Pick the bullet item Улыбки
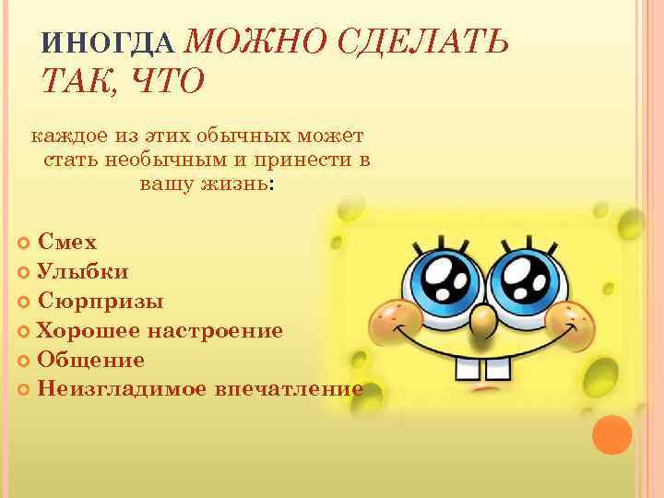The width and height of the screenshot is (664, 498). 83,271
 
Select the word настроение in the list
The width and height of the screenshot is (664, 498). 220,330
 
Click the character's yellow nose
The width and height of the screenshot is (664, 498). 481,319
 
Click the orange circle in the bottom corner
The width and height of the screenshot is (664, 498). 611,433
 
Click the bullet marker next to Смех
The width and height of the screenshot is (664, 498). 24,243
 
